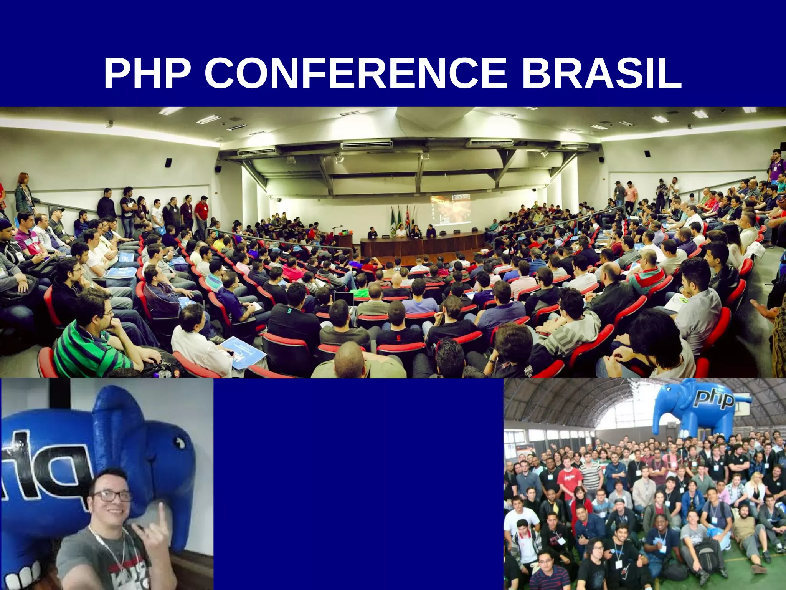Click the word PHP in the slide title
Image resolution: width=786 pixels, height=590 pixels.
pos(147,74)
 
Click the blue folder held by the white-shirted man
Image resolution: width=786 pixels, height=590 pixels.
pos(244,352)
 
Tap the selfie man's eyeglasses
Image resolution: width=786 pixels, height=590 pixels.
pos(111,496)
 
